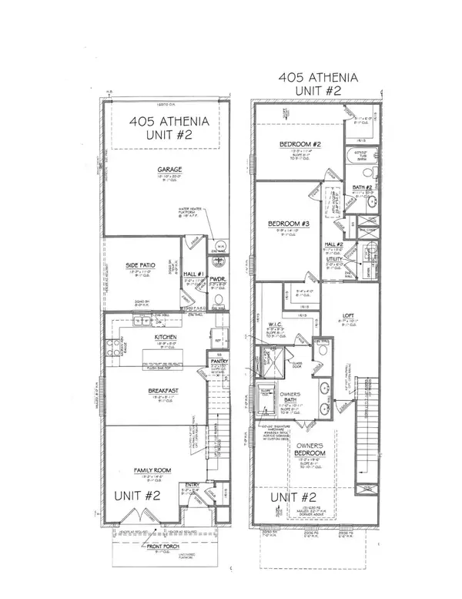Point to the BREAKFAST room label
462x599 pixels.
point(162,392)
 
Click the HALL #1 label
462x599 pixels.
point(192,274)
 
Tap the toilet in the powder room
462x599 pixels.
point(218,298)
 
